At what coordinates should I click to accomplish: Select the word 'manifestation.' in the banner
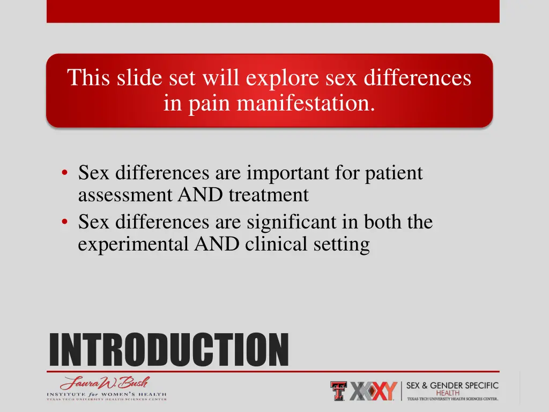click(x=306, y=102)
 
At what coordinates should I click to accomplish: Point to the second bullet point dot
click(x=64, y=222)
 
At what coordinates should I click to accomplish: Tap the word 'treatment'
click(x=269, y=195)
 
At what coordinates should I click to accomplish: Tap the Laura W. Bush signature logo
click(x=105, y=383)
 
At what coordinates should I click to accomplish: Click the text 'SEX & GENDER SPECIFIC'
click(x=452, y=385)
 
